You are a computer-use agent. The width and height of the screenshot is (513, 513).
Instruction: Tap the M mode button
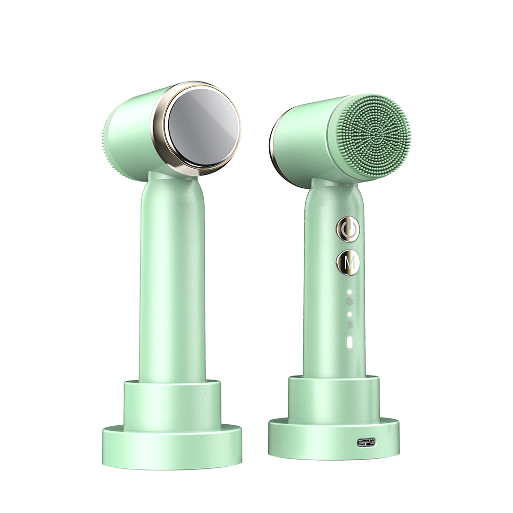(x=348, y=263)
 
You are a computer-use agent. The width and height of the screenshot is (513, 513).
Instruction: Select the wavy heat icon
(x=350, y=324)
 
